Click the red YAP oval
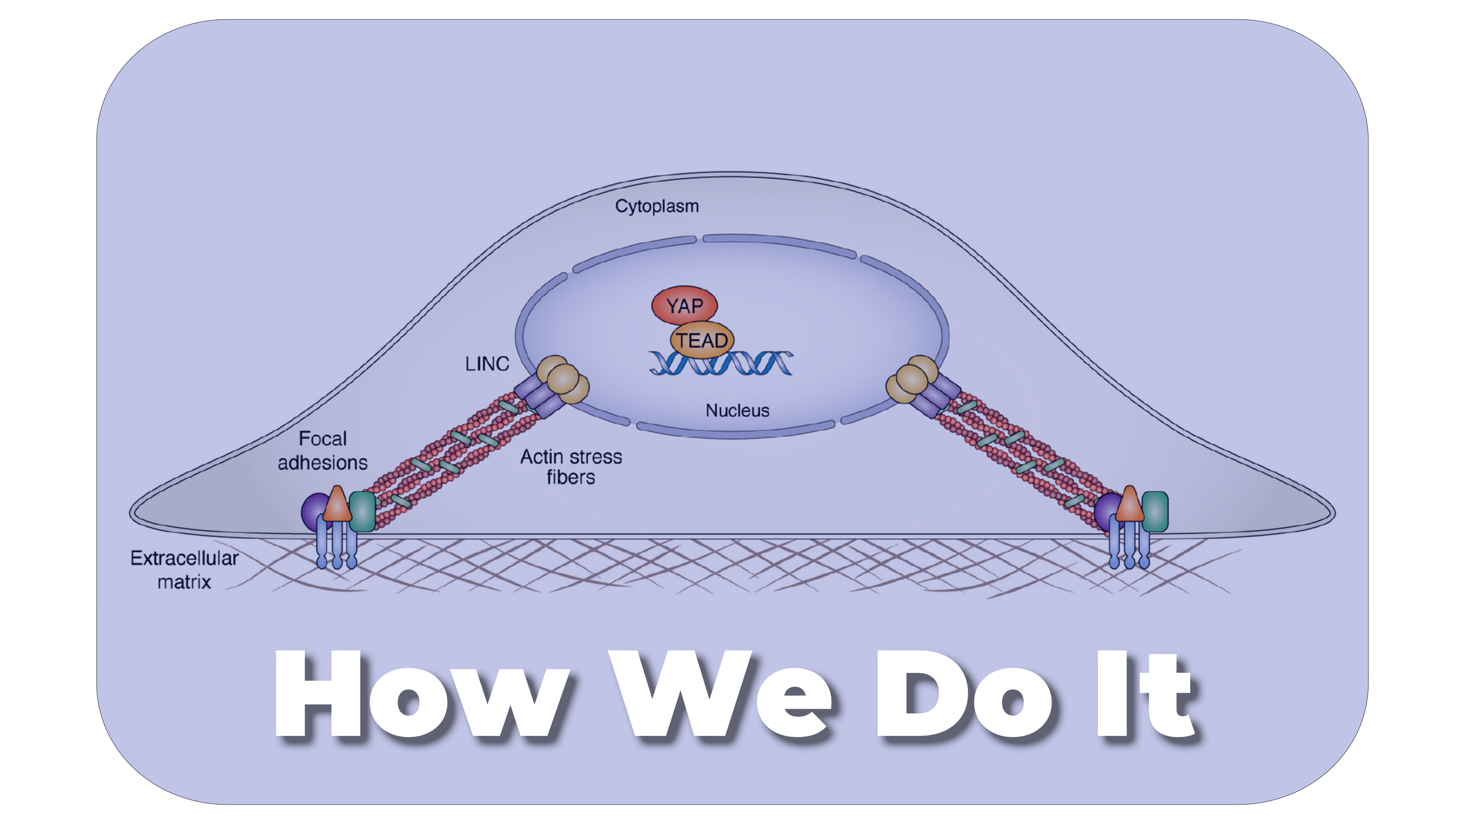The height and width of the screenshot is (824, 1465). [x=684, y=305]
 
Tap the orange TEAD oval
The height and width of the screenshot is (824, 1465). [x=702, y=340]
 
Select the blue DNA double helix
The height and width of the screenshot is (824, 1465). [x=721, y=364]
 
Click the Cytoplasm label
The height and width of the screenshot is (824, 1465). [x=657, y=206]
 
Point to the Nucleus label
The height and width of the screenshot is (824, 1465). [x=737, y=410]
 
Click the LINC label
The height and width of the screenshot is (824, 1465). [x=487, y=364]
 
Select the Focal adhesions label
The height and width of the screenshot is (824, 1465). [x=322, y=451]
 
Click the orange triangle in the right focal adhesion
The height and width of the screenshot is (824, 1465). [x=1129, y=505]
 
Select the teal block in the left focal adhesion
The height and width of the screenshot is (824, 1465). [x=362, y=511]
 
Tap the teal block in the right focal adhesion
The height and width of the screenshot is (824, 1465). [x=1155, y=511]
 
